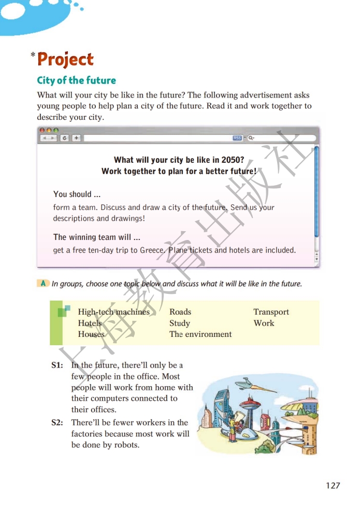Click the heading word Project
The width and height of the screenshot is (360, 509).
[65, 60]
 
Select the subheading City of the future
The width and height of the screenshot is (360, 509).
[76, 80]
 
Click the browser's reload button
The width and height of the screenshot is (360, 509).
[64, 138]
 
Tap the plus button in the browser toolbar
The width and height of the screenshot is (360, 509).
[76, 138]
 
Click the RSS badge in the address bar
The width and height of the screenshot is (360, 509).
[237, 138]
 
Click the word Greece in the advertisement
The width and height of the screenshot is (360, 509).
[153, 250]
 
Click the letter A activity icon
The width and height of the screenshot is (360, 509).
[44, 283]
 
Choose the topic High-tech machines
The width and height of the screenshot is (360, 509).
[113, 312]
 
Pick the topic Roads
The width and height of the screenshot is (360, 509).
[180, 312]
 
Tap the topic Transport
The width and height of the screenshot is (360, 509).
[271, 312]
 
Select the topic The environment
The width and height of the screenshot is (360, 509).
[200, 334]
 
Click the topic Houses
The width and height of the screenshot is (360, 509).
[91, 334]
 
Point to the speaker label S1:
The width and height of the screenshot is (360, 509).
[57, 365]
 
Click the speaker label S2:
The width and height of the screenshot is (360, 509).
[57, 423]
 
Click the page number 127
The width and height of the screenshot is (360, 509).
[333, 486]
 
